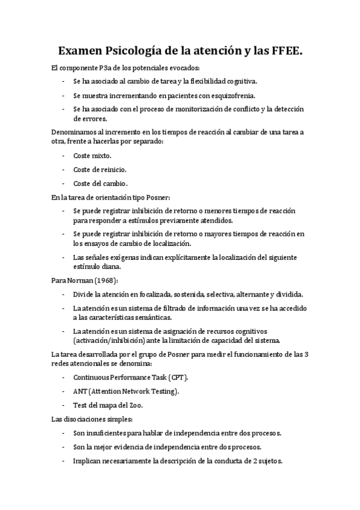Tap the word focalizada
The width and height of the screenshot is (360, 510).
[150, 294]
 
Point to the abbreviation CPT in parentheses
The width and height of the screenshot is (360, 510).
[177, 377]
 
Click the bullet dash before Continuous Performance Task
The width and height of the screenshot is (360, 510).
[64, 377]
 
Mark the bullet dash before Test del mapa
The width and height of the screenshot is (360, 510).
[64, 405]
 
